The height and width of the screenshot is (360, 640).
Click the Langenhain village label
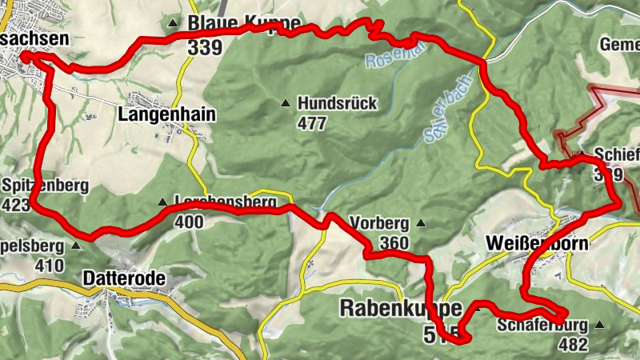[166, 114]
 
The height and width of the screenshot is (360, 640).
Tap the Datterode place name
[124, 278]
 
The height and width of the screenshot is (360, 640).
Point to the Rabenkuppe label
[402, 308]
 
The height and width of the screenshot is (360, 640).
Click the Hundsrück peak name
[336, 103]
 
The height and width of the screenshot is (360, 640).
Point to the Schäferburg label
[542, 326]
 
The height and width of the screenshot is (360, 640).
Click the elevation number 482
[574, 345]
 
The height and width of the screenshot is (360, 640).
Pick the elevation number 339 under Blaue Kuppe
[206, 47]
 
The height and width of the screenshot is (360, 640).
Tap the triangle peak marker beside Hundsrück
[285, 102]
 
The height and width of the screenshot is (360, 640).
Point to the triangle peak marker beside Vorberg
[421, 224]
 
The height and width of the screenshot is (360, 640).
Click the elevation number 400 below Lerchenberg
[189, 222]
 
